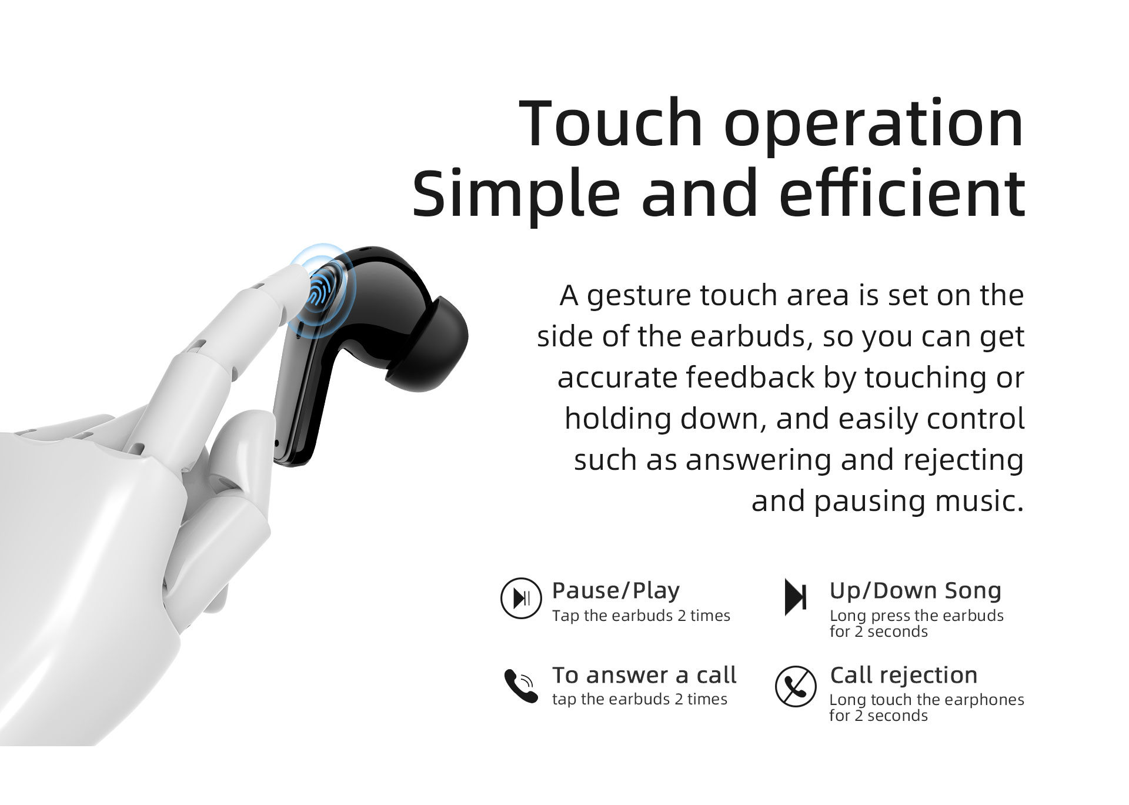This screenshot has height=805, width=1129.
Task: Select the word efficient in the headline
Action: point(903,192)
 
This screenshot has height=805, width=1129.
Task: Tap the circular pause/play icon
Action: point(520,598)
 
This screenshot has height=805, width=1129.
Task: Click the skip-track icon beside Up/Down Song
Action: point(796,597)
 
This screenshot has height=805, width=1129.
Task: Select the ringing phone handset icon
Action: point(521,686)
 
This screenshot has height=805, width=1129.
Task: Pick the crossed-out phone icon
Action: point(796,686)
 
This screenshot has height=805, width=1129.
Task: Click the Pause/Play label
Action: point(616,590)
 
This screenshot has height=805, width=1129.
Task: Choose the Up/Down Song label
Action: point(916,591)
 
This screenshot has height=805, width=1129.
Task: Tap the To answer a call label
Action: point(644,675)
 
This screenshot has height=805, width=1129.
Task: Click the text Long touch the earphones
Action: point(927,700)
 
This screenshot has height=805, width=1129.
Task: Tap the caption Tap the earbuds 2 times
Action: point(641,616)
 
